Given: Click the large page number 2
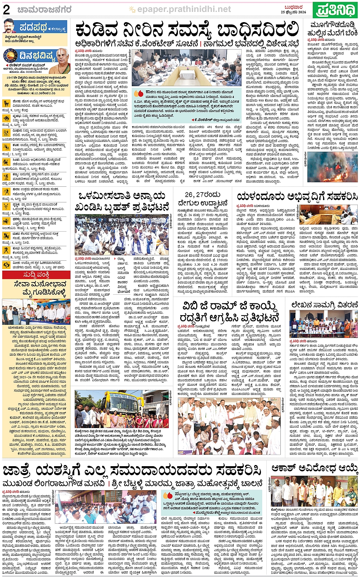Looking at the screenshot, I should [6, 10].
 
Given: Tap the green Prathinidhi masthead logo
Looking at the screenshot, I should [335, 10].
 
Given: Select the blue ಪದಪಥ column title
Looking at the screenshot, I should [34, 28].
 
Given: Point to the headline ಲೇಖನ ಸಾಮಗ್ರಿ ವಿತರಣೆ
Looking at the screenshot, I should [325, 305].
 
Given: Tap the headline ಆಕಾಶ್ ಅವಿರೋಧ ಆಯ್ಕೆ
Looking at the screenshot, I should [314, 468].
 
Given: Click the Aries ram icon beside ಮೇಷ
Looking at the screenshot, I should [6, 103].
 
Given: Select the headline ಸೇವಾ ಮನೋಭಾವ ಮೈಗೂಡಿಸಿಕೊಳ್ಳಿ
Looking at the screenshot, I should [36, 288].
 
